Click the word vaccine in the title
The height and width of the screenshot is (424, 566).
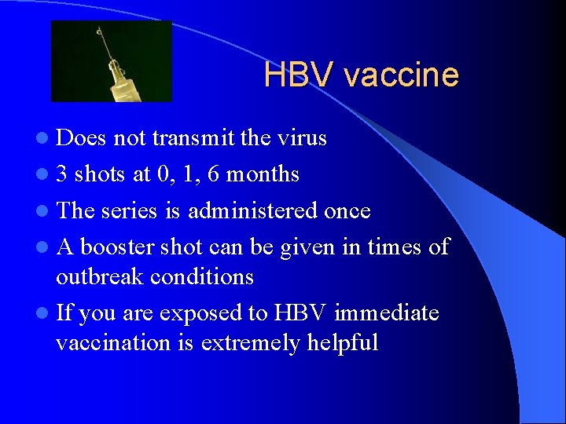pos(401,75)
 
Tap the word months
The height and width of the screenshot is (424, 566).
pos(263,174)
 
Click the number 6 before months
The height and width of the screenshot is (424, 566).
pos(212,174)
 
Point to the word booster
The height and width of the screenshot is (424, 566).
pos(118,247)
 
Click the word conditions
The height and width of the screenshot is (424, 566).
pos(206,276)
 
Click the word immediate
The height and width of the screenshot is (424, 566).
pos(386,313)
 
